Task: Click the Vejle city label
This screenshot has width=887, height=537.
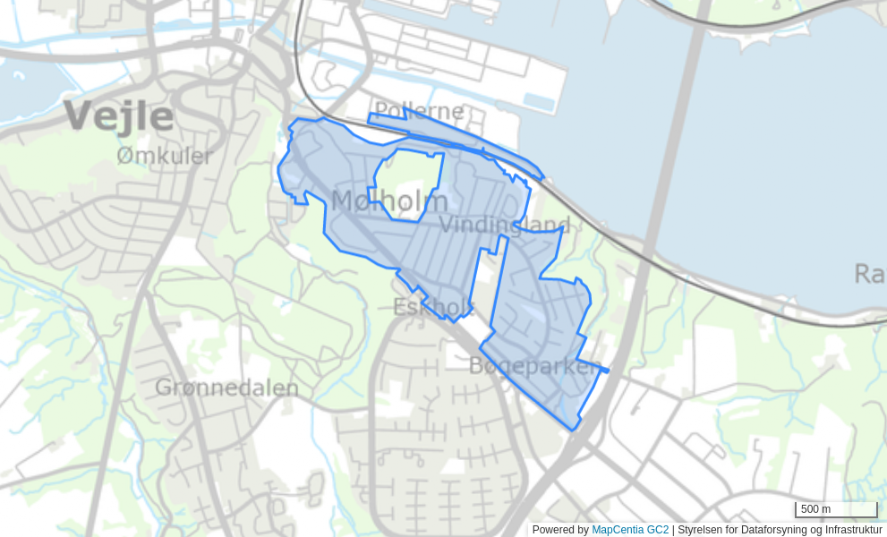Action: point(119,117)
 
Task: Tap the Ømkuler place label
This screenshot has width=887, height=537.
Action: point(165,157)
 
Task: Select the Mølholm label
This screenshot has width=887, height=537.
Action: point(389,201)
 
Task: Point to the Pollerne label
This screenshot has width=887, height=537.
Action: point(419,112)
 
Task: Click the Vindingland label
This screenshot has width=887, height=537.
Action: point(504,225)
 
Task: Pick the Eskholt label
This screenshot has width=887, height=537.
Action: point(433,308)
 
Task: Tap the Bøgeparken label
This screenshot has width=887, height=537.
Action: point(535,366)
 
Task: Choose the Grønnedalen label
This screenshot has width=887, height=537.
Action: point(226,388)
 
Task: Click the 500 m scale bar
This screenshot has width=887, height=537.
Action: point(835,510)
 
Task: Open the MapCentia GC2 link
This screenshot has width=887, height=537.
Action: point(630,530)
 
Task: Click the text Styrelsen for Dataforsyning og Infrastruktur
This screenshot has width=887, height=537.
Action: point(780,530)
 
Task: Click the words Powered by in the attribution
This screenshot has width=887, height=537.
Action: point(560,530)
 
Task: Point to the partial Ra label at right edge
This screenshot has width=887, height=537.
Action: point(869,274)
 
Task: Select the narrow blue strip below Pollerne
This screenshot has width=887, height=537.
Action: point(465,143)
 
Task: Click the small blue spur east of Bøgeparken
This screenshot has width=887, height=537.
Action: point(604,370)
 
